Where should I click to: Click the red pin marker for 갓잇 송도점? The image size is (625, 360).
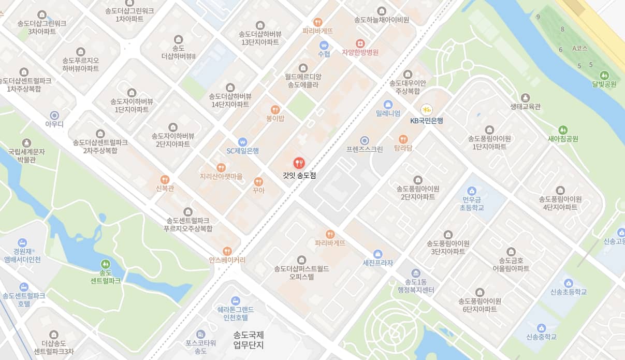tap(299, 163)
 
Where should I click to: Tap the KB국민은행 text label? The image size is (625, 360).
tap(427, 121)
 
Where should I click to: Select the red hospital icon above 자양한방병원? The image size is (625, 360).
tap(360, 43)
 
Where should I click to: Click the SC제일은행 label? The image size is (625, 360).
tap(242, 151)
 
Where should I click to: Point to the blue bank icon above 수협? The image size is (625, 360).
tap(324, 45)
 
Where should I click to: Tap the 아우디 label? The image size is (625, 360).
tap(54, 124)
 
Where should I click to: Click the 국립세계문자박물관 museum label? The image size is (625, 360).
tap(27, 156)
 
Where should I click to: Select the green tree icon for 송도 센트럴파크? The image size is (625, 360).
tap(106, 264)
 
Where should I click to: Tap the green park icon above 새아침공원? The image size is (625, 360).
tap(563, 129)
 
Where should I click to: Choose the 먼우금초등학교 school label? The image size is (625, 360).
tap(472, 203)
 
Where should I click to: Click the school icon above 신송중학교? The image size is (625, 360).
tap(541, 328)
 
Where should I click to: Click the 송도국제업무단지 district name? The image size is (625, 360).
tap(249, 340)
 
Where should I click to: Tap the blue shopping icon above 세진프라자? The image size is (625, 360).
tap(378, 254)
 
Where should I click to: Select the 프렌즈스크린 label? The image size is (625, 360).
tap(365, 149)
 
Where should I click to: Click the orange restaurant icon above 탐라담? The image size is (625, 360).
tap(403, 139)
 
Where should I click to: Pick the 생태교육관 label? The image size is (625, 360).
tap(525, 107)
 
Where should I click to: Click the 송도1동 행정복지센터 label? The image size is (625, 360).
tap(416, 286)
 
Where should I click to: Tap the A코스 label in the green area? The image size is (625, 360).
tap(580, 48)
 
